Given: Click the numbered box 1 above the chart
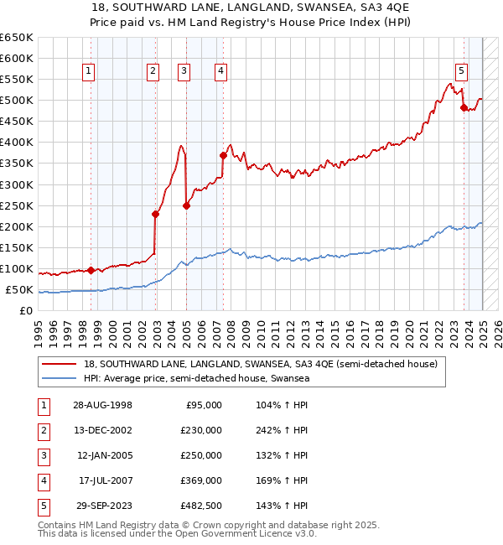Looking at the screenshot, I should coord(89,71).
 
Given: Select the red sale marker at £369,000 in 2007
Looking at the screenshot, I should coord(223,155).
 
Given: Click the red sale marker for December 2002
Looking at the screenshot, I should coord(155,214).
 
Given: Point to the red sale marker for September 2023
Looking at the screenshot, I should coord(464,107).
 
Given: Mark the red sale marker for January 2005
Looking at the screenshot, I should coord(186,205).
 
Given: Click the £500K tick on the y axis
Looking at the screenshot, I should coord(17,101).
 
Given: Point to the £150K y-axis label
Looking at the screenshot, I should coord(17,248).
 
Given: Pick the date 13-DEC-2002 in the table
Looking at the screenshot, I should coord(101,430).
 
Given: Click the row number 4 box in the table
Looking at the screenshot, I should coord(41,480).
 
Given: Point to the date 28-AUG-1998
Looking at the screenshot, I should coord(101,405).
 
